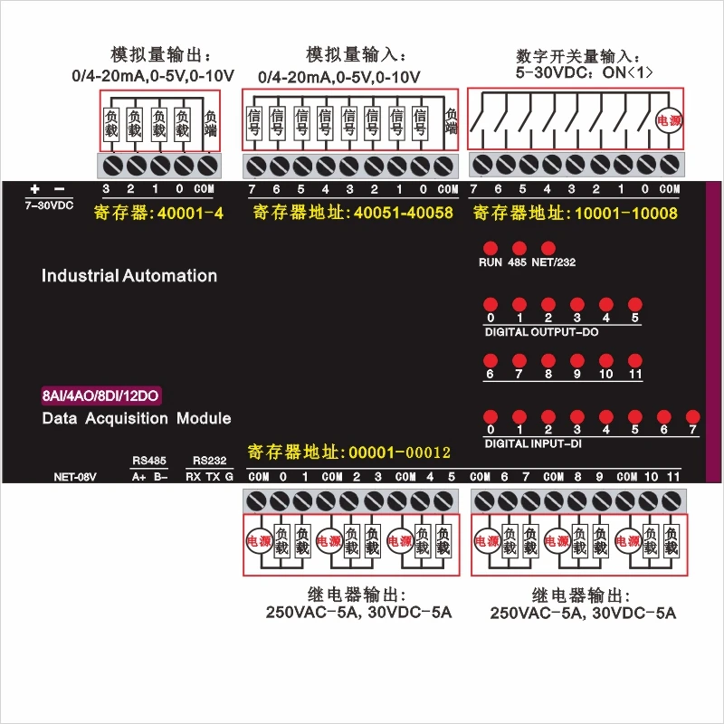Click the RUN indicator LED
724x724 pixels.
(x=490, y=248)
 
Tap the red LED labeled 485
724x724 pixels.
(x=519, y=248)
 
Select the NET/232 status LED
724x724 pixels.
(x=548, y=248)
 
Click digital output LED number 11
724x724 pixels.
(x=635, y=360)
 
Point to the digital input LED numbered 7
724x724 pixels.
(x=692, y=415)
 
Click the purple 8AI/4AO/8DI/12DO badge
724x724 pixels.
(x=101, y=395)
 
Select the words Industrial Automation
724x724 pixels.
(x=129, y=276)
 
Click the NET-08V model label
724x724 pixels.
(x=75, y=476)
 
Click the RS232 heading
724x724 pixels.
(x=209, y=460)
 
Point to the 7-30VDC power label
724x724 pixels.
(x=49, y=205)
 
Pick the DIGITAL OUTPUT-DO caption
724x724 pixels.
(x=541, y=332)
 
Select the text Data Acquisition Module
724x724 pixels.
(x=137, y=418)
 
